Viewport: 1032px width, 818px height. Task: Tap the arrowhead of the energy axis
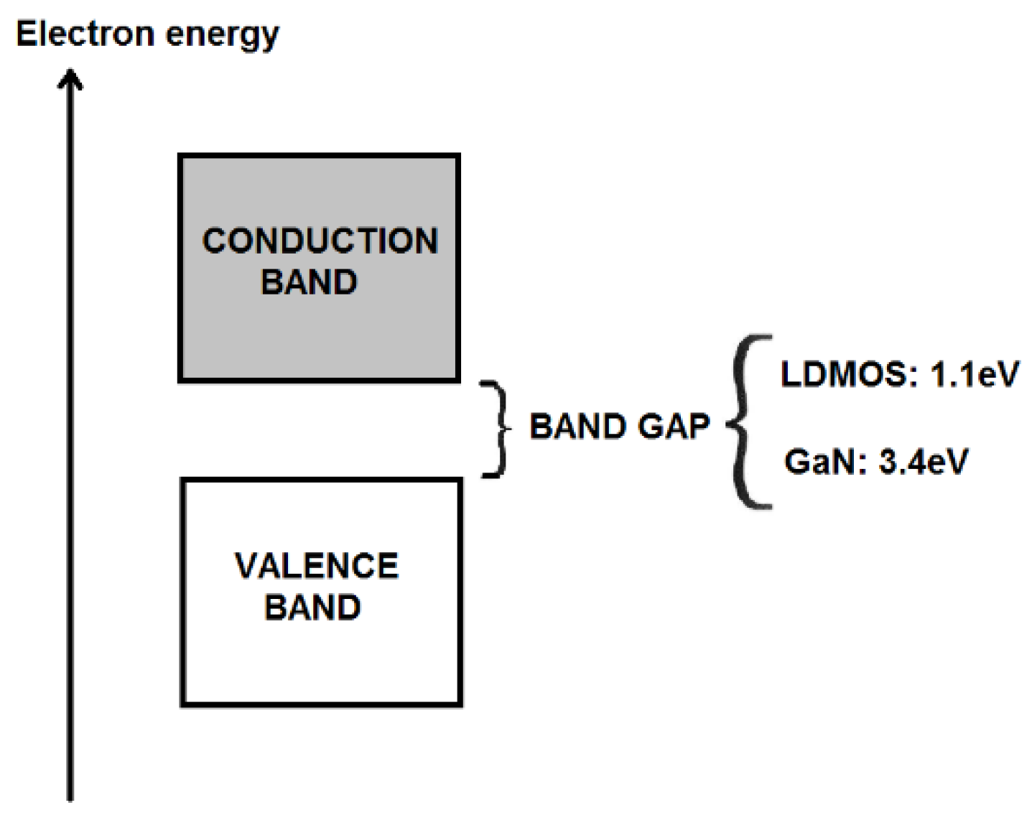(70, 78)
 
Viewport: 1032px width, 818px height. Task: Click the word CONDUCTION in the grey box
(320, 241)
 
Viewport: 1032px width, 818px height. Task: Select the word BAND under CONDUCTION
(309, 282)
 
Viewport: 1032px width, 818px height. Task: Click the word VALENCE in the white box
(317, 567)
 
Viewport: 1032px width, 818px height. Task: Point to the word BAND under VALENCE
(312, 608)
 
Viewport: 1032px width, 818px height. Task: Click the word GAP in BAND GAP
(674, 427)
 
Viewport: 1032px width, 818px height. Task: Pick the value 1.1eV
(975, 374)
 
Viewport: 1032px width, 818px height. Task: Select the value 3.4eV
(924, 462)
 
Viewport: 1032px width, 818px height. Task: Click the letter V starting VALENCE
(246, 567)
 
